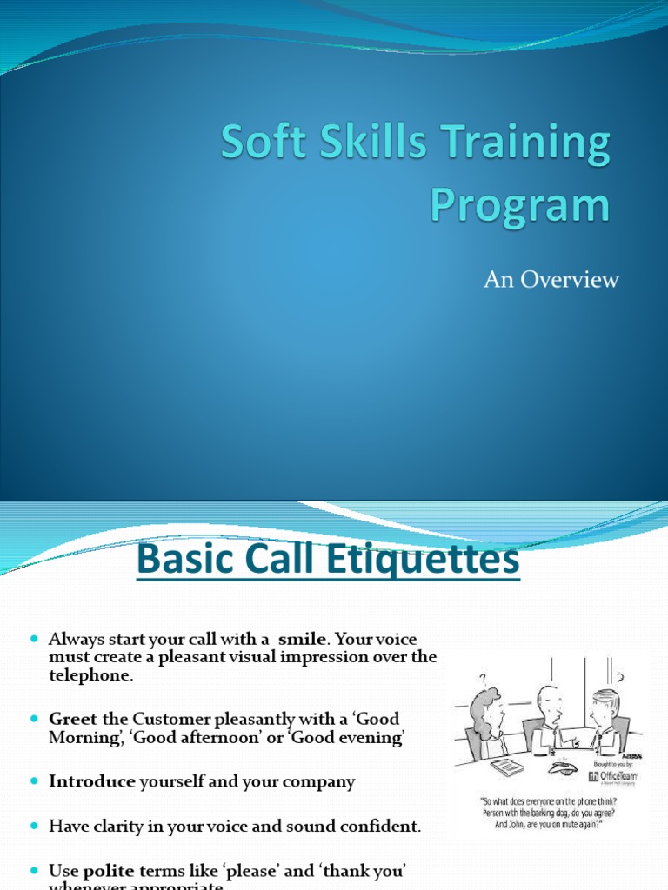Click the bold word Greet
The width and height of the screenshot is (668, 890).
click(x=74, y=718)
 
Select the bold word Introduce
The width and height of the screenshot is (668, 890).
click(x=92, y=781)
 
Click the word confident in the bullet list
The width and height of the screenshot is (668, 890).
click(x=379, y=827)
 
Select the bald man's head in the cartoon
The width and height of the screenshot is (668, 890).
click(x=548, y=700)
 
